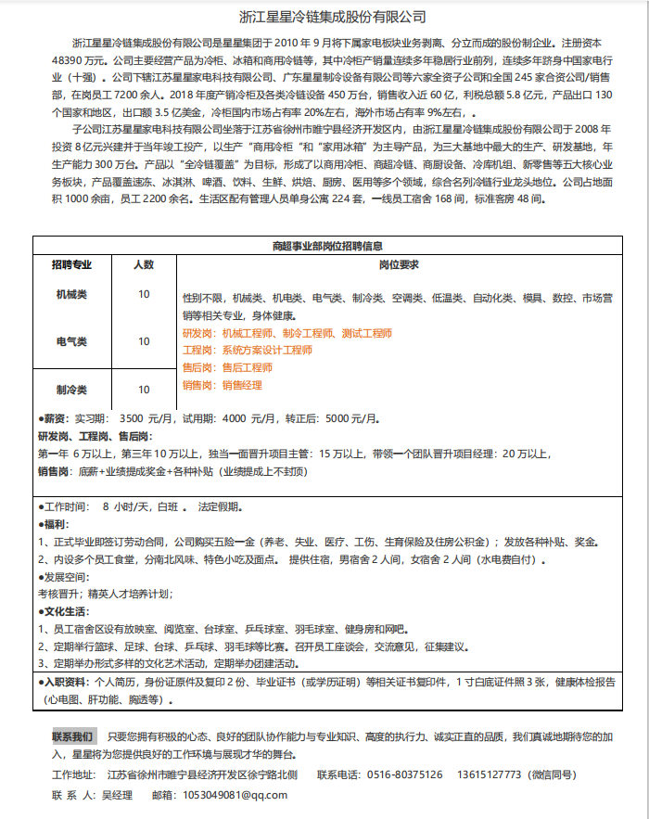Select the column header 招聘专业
tap(71, 264)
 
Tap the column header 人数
tap(144, 264)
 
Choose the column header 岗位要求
tap(400, 264)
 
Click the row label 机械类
tap(71, 294)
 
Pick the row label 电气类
tap(71, 341)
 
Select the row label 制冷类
tap(71, 390)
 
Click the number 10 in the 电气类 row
tap(144, 341)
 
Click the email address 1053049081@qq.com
tap(235, 795)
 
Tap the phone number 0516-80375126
tap(405, 774)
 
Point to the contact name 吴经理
tap(117, 795)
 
